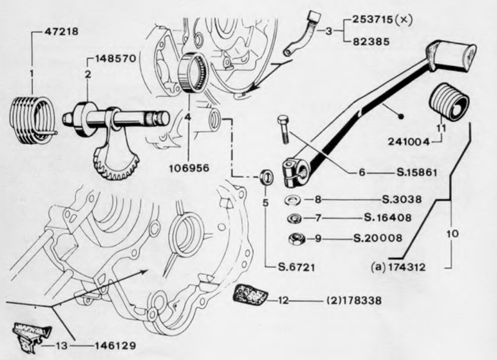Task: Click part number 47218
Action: [x=61, y=32]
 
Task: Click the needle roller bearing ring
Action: [x=192, y=72]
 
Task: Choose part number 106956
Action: [x=189, y=168]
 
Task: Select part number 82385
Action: [x=371, y=42]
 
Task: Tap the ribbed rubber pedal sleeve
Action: [x=448, y=102]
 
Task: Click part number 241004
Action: [x=409, y=141]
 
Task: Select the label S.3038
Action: [x=402, y=200]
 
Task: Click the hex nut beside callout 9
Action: [x=297, y=239]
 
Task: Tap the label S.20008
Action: [x=378, y=238]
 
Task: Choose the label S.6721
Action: [x=297, y=268]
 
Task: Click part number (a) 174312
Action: [x=398, y=268]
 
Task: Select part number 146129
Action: [x=115, y=345]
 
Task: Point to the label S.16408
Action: [x=388, y=218]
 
